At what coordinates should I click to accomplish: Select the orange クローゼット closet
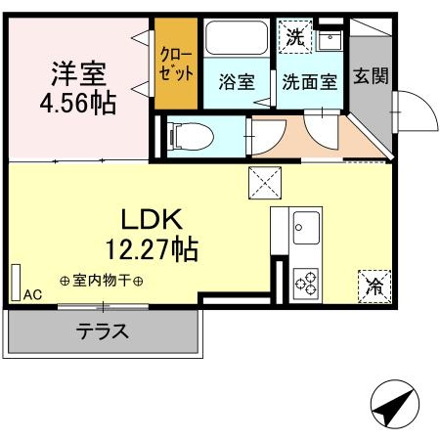click(x=177, y=62)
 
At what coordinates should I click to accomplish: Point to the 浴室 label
click(x=237, y=82)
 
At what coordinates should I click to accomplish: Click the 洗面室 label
click(x=309, y=82)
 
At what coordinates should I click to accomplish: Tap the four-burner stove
click(x=306, y=282)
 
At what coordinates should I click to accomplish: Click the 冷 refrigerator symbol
click(x=374, y=286)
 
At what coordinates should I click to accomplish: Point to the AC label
click(x=32, y=294)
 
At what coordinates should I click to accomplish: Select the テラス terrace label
click(x=103, y=330)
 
